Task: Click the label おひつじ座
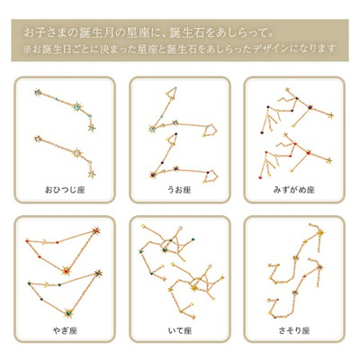pos(64,192)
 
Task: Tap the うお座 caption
pos(180,192)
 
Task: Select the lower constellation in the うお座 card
pos(184,162)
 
